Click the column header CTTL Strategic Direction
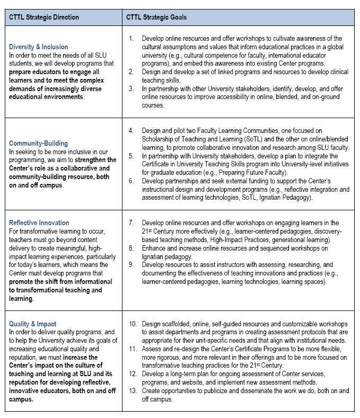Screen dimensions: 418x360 44,17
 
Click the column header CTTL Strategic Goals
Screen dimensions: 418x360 156,17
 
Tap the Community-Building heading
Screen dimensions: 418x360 39,143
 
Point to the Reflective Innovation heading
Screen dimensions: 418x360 39,223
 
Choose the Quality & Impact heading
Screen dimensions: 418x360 33,324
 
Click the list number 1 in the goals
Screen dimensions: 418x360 131,39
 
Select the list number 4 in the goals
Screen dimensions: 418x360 131,130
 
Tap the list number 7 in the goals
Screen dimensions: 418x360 131,223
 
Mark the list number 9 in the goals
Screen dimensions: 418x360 131,264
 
